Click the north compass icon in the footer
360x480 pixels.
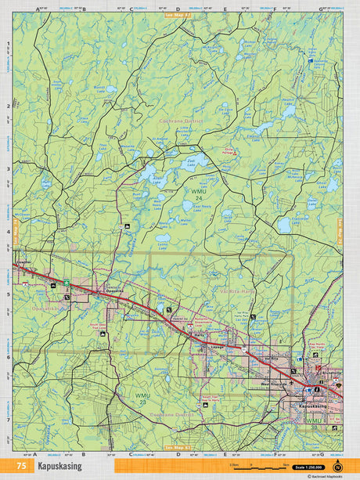click(x=337, y=467)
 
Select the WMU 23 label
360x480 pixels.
click(x=142, y=399)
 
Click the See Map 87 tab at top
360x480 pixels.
click(x=177, y=14)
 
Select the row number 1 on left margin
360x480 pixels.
click(x=8, y=44)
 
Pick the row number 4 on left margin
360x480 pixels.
click(x=8, y=232)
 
